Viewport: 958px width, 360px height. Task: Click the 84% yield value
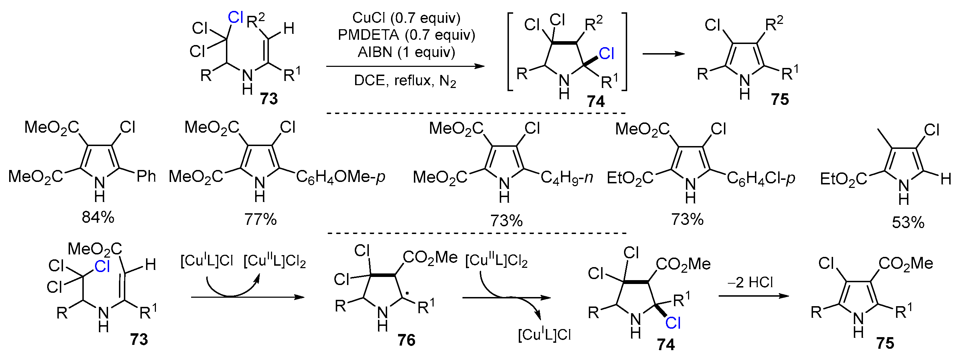pyautogui.click(x=98, y=217)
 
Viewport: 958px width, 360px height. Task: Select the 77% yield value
pyautogui.click(x=260, y=220)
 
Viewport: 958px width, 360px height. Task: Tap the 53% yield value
pyautogui.click(x=908, y=222)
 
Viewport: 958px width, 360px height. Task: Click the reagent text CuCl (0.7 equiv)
pyautogui.click(x=406, y=18)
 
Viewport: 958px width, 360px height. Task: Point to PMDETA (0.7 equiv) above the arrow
pyautogui.click(x=406, y=34)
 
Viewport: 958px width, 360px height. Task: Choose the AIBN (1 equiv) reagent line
pyautogui.click(x=406, y=52)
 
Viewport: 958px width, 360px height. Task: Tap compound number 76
pyautogui.click(x=406, y=340)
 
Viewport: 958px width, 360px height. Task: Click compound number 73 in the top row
pyautogui.click(x=269, y=99)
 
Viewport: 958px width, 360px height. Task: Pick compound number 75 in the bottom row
pyautogui.click(x=885, y=343)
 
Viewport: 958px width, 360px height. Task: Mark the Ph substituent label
pyautogui.click(x=146, y=176)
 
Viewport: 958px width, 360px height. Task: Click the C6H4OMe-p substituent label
pyautogui.click(x=340, y=177)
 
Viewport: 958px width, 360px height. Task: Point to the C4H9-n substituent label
pyautogui.click(x=566, y=178)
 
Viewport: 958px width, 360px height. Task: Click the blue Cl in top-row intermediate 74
pyautogui.click(x=606, y=54)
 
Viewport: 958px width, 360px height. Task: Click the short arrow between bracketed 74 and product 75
pyautogui.click(x=663, y=54)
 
